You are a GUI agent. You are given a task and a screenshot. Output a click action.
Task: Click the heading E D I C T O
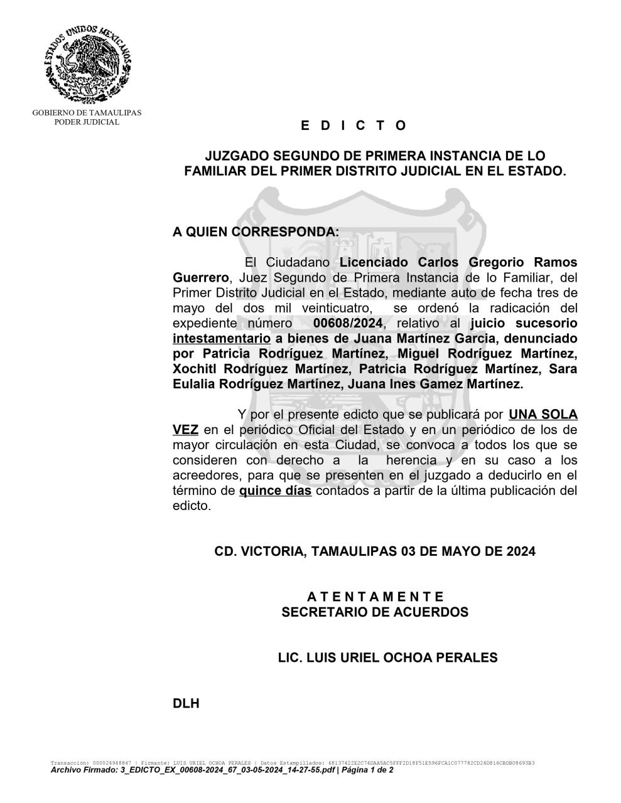(354, 125)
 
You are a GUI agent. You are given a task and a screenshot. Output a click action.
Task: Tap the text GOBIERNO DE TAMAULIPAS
(87, 113)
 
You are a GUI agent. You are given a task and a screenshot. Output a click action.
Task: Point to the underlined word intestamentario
(222, 339)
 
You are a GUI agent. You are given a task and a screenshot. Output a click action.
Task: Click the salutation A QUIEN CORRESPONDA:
(256, 231)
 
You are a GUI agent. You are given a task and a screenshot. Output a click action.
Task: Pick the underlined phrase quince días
(275, 491)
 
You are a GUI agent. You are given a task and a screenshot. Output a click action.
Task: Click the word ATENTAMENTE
(375, 597)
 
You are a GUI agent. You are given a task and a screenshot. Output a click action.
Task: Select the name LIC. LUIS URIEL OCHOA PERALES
(387, 657)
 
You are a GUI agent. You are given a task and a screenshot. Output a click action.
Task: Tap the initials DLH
(186, 703)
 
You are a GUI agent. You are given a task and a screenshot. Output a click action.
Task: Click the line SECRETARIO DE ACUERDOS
(375, 612)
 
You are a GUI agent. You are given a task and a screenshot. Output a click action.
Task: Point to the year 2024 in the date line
(521, 551)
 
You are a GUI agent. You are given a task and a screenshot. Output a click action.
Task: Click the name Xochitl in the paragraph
(195, 369)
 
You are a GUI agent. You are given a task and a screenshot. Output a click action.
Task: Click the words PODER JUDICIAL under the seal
(87, 122)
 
